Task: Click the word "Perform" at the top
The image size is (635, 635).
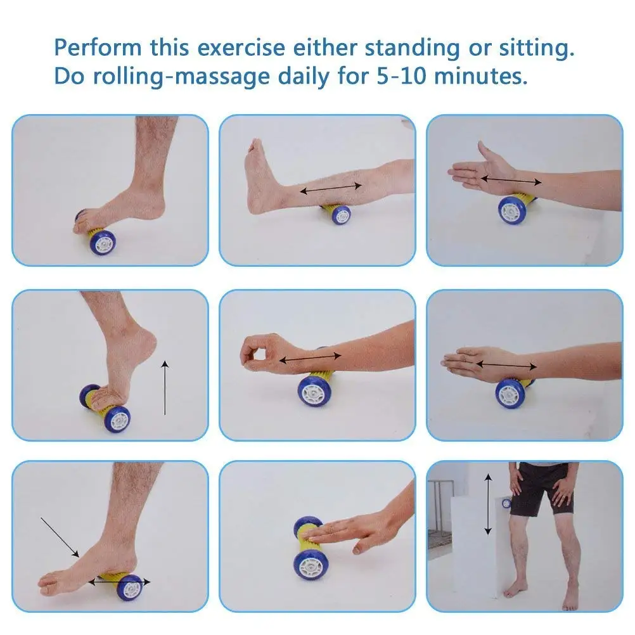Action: (x=98, y=48)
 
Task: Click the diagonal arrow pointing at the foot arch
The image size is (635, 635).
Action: (x=60, y=537)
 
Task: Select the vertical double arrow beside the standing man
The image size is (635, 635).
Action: (x=489, y=504)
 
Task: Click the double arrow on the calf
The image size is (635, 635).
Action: (x=331, y=188)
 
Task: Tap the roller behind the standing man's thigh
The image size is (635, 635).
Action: (x=506, y=503)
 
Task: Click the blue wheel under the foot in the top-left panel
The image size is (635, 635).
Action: (x=103, y=242)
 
